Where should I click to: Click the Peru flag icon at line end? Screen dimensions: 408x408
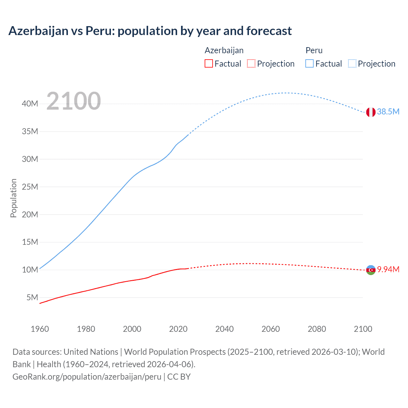point(370,112)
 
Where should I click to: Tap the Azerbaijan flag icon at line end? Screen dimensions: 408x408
point(370,270)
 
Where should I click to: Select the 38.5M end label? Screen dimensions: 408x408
point(388,112)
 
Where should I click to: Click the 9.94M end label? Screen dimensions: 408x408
point(388,270)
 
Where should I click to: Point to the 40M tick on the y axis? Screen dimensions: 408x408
point(30,104)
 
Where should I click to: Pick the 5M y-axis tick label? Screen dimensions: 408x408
point(32,297)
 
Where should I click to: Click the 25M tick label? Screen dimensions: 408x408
point(30,187)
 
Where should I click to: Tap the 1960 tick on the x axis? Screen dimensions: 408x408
point(40,329)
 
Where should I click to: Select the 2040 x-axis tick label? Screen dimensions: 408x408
point(224,329)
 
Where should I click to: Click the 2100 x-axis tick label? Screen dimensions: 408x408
point(363,329)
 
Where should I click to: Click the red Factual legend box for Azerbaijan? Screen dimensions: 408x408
point(209,64)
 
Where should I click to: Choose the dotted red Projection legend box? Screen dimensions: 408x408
point(251,64)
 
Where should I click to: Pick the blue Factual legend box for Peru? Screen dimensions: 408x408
point(310,64)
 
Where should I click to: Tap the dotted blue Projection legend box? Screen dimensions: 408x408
point(352,64)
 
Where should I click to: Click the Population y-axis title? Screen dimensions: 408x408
point(13,198)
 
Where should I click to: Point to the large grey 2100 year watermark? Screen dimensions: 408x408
point(74,101)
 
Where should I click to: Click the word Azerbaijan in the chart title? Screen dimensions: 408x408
point(38,31)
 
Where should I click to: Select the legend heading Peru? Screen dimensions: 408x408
point(314,50)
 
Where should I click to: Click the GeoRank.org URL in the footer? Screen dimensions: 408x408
point(87,377)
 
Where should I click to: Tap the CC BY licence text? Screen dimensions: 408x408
point(179,377)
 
